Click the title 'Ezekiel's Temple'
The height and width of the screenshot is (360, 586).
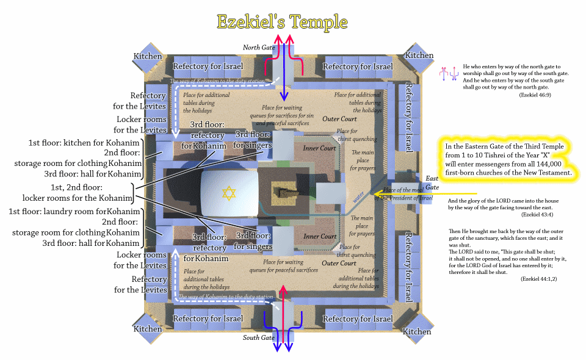[283, 23]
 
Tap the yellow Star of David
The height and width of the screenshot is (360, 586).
[228, 193]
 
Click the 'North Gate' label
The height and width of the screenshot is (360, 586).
[259, 47]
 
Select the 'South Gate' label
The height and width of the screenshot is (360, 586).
[259, 337]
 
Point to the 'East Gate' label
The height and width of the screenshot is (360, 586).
[432, 182]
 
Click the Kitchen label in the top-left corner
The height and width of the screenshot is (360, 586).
[148, 56]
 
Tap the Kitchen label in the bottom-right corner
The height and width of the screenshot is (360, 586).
[417, 332]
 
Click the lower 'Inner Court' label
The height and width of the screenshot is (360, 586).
[320, 236]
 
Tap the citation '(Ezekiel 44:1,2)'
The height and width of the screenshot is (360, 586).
[538, 278]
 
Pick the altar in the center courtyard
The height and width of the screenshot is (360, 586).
[284, 193]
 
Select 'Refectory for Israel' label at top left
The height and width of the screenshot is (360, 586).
[208, 66]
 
